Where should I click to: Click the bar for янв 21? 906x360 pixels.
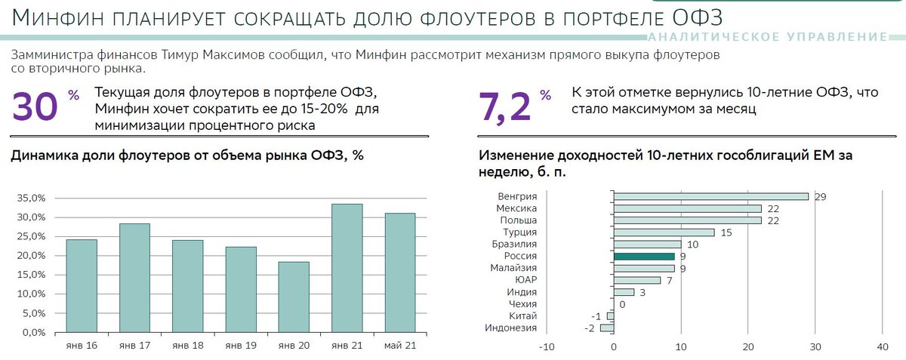coord(347,268)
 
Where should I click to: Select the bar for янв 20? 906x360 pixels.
coord(294,297)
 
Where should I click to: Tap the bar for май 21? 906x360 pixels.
coord(400,272)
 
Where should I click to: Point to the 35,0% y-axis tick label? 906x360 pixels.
coord(32,198)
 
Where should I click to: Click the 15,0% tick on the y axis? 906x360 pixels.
coord(32,275)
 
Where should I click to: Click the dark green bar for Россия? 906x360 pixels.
coord(644,256)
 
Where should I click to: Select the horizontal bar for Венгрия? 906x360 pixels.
coord(710,196)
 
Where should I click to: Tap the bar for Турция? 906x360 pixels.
coord(664,232)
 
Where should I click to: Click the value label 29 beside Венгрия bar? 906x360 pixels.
coord(821,196)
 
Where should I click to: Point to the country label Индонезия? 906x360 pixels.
coord(510,328)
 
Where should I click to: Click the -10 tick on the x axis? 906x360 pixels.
coord(546,347)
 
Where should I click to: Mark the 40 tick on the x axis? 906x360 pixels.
coord(881,347)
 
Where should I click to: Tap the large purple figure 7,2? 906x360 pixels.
coord(504,108)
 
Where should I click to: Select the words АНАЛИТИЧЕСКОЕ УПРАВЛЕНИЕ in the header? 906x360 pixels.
coord(767,37)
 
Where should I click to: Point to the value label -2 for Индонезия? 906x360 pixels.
coord(589,328)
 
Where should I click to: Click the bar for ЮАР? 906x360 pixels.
coord(637,280)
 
